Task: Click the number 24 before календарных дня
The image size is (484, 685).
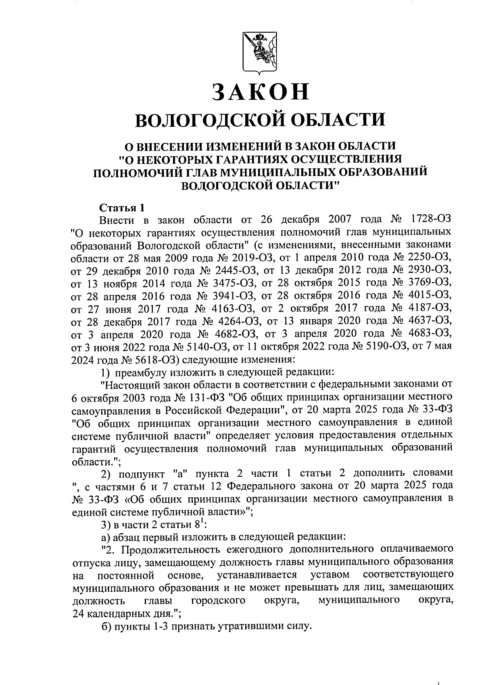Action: [x=77, y=613]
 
